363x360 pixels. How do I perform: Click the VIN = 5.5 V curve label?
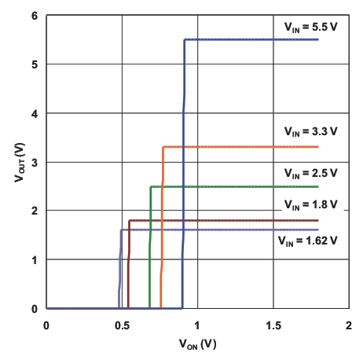[x=310, y=27]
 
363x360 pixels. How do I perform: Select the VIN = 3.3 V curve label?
[x=310, y=131]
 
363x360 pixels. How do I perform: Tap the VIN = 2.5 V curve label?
[x=310, y=173]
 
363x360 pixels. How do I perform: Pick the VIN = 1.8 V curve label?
[x=310, y=204]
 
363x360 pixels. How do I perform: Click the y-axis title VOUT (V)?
[x=19, y=162]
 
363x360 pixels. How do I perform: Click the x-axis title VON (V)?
[x=196, y=344]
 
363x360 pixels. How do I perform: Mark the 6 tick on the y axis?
[x=35, y=16]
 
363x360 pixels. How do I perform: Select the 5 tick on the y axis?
[x=35, y=64]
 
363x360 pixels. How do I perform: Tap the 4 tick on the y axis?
[x=35, y=113]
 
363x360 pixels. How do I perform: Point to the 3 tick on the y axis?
[x=35, y=162]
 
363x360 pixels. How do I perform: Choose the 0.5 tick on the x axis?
[x=121, y=324]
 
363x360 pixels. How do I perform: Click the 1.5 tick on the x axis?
[x=272, y=324]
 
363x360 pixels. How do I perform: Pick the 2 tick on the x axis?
[x=347, y=324]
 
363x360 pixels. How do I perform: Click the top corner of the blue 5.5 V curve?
[x=185, y=39]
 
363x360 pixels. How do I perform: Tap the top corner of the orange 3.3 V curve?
[x=163, y=147]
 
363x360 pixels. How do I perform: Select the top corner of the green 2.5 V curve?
[x=150, y=186]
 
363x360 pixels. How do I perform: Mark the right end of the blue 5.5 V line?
[x=317, y=39]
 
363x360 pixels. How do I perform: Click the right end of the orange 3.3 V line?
[x=317, y=147]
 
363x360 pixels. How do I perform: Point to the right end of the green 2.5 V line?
[x=317, y=186]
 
